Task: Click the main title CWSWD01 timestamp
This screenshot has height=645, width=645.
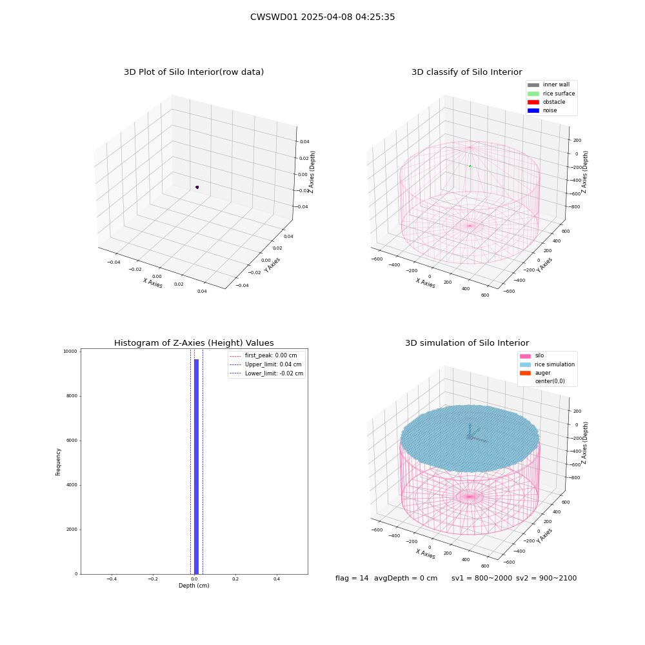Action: point(322,17)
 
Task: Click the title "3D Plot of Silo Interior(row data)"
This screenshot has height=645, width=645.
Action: point(193,72)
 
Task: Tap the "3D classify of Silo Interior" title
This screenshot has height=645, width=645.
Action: point(467,72)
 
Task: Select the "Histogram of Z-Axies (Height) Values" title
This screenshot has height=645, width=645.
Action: point(193,343)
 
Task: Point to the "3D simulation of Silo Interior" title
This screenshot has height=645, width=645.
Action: point(467,343)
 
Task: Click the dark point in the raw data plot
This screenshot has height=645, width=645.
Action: point(197,187)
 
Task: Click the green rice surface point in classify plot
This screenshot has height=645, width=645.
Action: point(470,166)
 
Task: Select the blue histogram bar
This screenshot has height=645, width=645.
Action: point(196,466)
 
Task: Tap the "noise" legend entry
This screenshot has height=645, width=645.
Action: point(542,110)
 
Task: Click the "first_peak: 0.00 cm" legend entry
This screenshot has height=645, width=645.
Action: point(263,355)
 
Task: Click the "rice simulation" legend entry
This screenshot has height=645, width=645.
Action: point(547,364)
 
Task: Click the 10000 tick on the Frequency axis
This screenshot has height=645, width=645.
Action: point(70,352)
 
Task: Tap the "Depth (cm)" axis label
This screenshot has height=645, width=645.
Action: point(193,586)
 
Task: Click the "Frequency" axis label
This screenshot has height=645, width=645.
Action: point(58,462)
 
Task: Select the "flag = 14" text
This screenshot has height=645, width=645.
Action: point(352,578)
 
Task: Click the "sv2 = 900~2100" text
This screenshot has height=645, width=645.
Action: point(546,578)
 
